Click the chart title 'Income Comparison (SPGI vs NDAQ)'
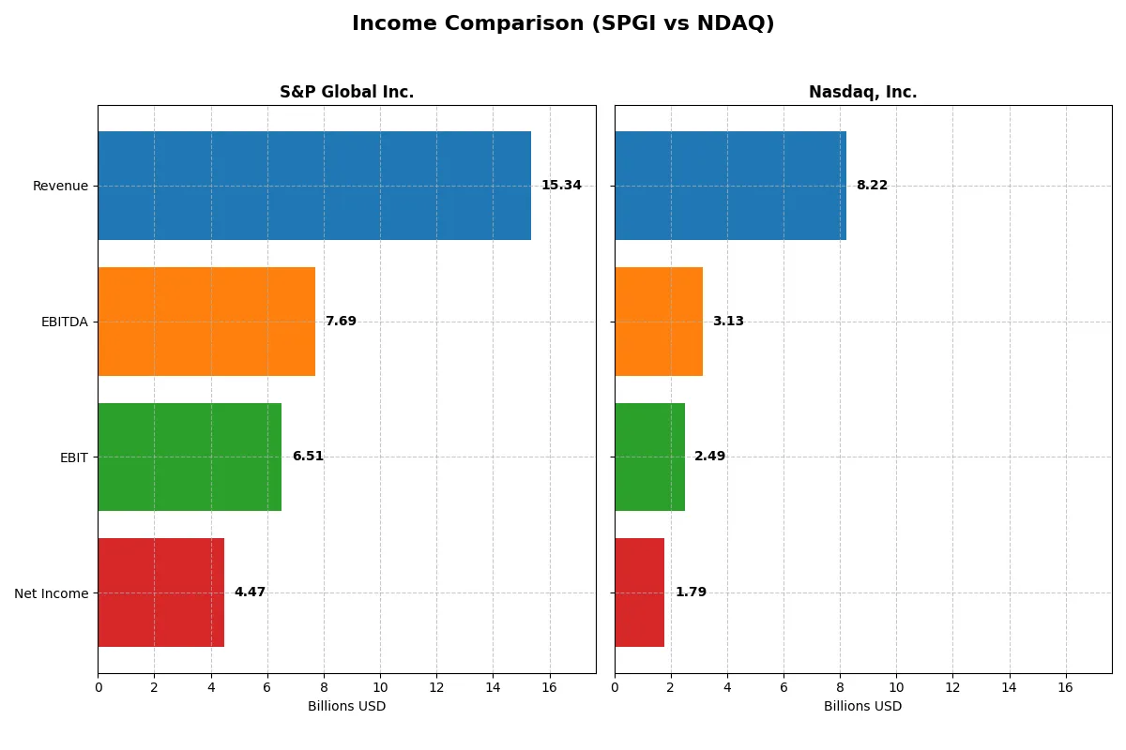coord(563,24)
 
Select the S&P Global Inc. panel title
coord(346,92)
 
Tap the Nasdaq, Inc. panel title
coord(862,92)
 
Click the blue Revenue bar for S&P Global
coord(314,186)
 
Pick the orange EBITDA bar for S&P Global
coord(206,322)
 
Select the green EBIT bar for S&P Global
coord(190,457)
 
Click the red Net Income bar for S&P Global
coord(160,592)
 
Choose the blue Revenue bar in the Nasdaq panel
coord(730,186)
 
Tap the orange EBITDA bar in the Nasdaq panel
coord(659,322)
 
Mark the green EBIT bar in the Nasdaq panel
coord(649,457)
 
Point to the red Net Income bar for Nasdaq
coord(639,592)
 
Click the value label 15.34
coord(561,186)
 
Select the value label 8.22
coord(872,186)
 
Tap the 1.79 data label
coord(691,592)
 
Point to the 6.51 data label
coord(308,457)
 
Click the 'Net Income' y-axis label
coord(51,593)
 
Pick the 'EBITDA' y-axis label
coord(64,322)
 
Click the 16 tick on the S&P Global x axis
coord(549,687)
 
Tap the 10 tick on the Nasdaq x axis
coord(896,687)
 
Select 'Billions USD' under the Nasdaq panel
coord(862,707)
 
